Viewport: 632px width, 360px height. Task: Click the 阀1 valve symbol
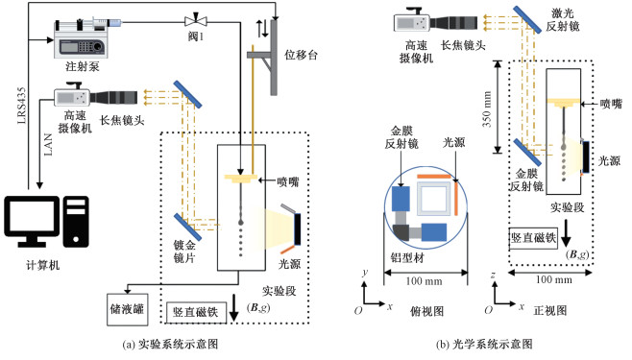click(x=196, y=20)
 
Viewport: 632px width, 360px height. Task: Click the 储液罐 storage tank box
click(x=128, y=309)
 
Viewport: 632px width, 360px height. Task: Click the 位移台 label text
click(x=301, y=55)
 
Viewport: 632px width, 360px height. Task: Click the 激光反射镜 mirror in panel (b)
click(x=527, y=19)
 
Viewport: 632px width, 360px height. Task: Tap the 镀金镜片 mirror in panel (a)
click(x=188, y=227)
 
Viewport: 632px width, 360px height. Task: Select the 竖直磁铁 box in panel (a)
click(x=196, y=312)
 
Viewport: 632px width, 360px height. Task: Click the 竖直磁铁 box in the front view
click(x=533, y=238)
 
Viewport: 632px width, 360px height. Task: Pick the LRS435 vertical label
click(x=22, y=106)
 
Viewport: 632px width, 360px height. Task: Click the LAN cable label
click(x=48, y=145)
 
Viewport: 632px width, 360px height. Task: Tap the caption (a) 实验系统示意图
click(x=170, y=345)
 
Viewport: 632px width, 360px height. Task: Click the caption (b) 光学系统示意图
click(x=484, y=345)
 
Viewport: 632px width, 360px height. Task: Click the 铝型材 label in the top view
click(x=407, y=257)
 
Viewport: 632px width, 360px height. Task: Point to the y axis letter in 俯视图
click(x=365, y=273)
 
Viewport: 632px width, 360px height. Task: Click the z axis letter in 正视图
click(x=493, y=275)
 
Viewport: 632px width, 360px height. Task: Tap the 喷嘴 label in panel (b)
click(x=611, y=105)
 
